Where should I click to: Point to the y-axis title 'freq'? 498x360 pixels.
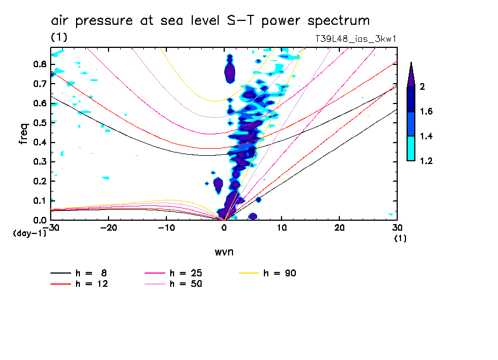pos(23,134)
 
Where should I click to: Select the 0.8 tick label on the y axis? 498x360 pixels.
pos(39,64)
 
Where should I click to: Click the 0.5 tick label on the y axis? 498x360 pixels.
pos(39,123)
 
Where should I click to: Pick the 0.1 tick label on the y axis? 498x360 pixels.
pos(39,200)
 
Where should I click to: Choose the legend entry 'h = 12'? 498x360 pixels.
pos(90,283)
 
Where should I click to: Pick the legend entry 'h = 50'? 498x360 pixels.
pos(186,283)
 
